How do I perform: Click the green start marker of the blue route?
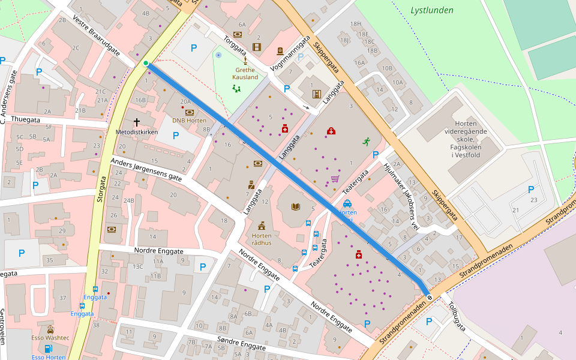coord(146,63)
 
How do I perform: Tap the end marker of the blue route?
coord(430,298)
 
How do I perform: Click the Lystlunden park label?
coord(432,10)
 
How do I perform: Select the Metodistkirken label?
coord(136,131)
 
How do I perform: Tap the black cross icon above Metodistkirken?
coord(136,122)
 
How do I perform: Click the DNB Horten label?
coord(189,120)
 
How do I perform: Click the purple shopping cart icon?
coord(335,178)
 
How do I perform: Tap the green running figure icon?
coord(366,142)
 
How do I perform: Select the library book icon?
coord(295,207)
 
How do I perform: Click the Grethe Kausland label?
coord(246,73)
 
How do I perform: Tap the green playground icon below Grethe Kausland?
coord(236,89)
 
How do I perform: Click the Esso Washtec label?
coord(50,338)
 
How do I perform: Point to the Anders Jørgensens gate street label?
coord(146,170)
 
